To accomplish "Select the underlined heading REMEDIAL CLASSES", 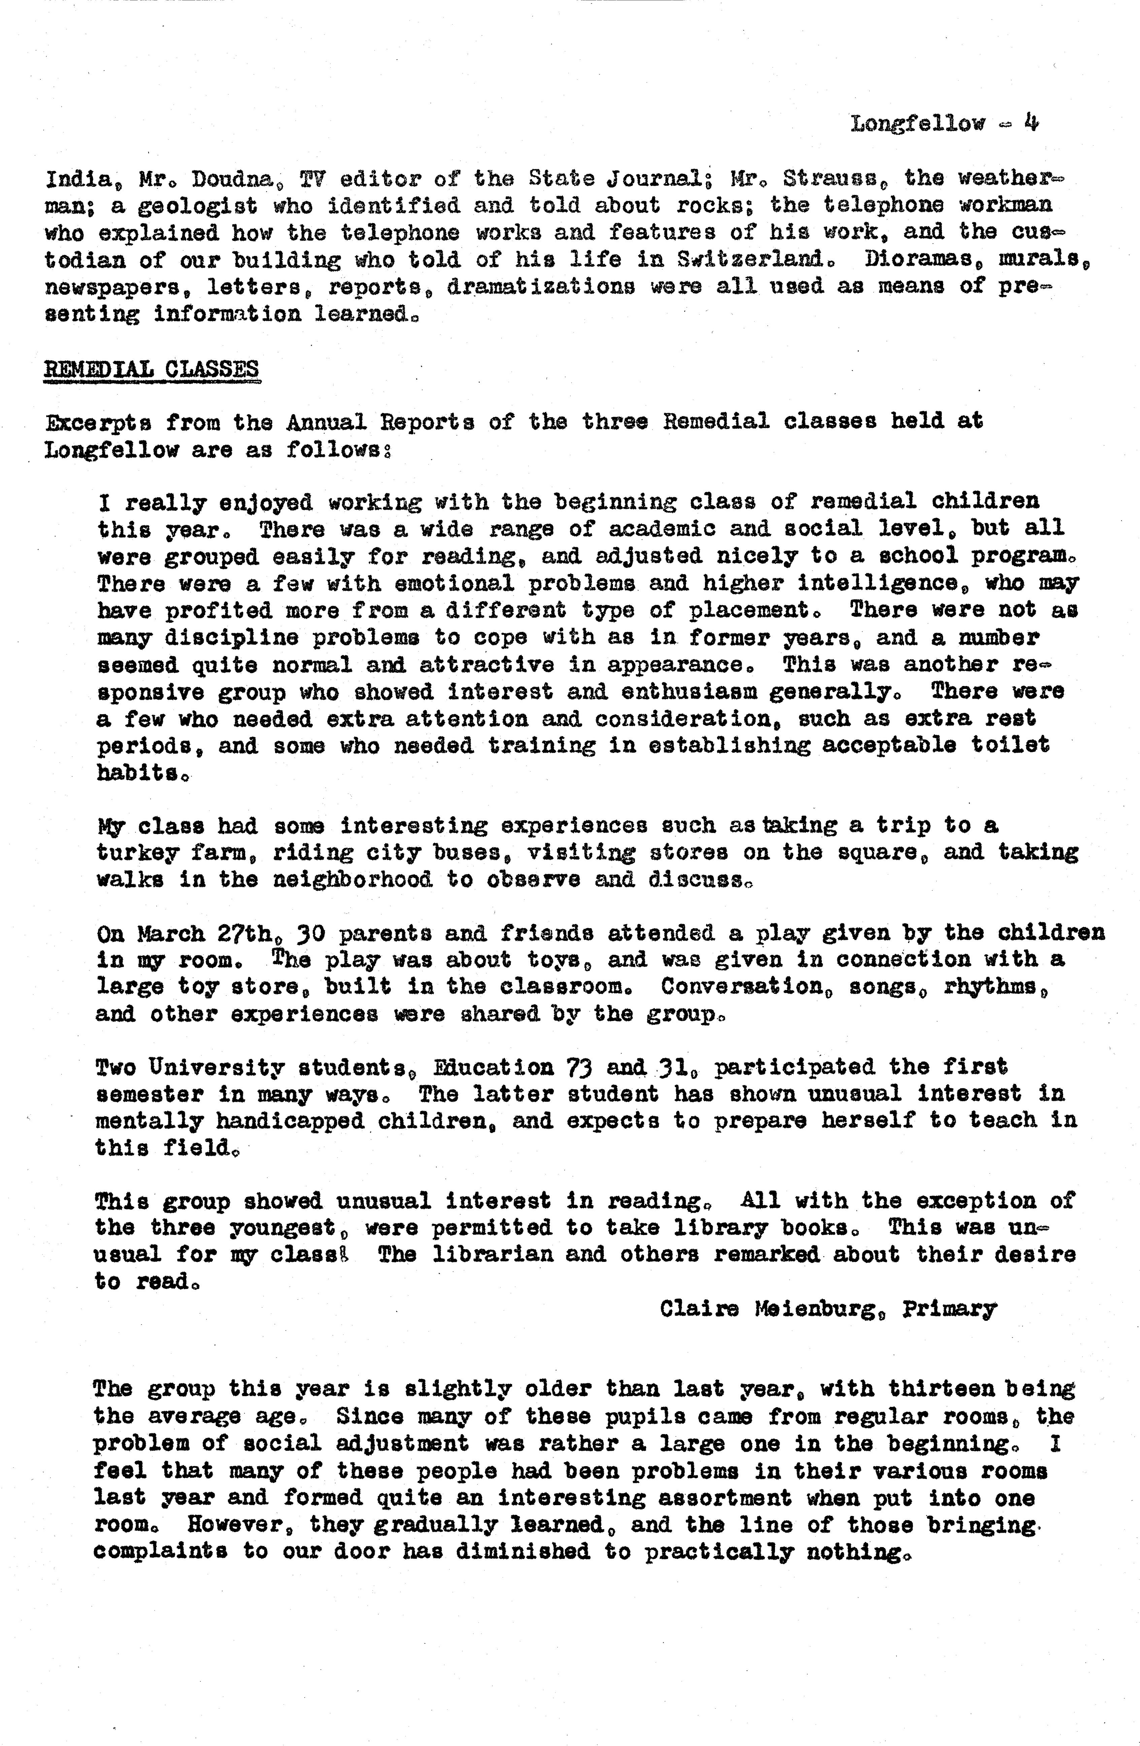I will pos(152,368).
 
